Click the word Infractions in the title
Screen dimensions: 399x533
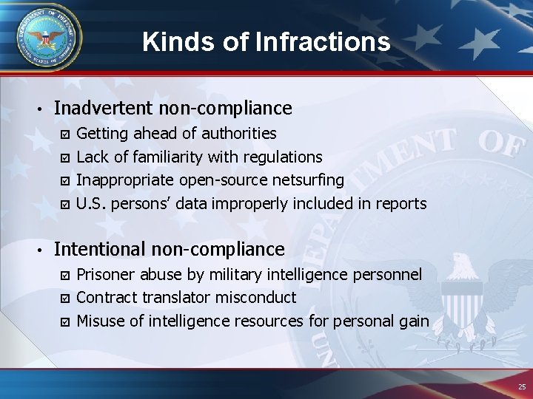coord(323,41)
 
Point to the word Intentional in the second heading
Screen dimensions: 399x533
coord(103,250)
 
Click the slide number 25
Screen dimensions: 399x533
coord(522,387)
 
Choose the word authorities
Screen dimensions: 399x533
coord(239,134)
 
